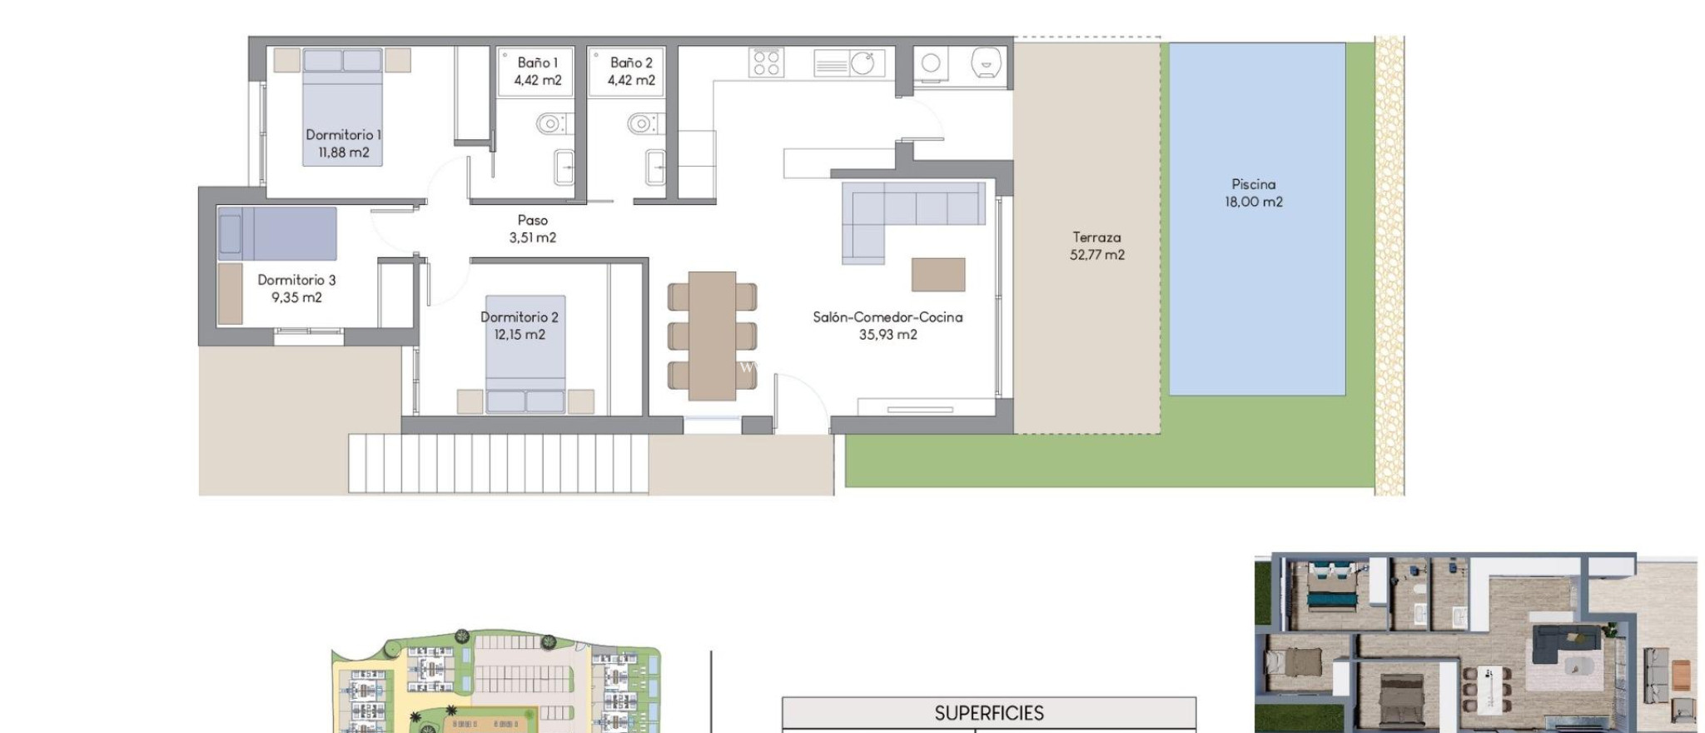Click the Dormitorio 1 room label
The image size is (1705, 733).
343,135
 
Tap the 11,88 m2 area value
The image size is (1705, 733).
343,152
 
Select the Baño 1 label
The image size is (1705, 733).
537,62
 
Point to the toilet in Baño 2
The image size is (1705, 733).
641,124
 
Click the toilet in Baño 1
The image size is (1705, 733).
549,124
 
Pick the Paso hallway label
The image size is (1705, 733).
532,220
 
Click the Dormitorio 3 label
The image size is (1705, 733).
296,280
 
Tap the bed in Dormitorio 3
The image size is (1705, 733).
277,233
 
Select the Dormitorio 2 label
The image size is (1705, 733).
519,317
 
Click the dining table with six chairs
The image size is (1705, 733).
712,335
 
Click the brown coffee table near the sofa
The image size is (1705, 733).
938,274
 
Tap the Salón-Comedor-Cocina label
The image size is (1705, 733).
887,317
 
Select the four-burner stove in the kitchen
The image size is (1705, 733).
766,62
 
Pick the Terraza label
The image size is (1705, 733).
1096,237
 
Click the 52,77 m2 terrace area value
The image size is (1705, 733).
1096,255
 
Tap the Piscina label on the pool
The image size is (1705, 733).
1253,184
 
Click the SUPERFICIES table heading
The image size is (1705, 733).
989,713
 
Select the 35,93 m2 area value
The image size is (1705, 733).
887,335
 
